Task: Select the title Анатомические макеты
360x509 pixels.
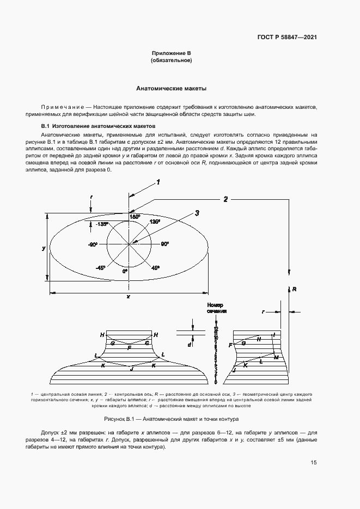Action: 171,88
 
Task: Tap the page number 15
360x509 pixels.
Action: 314,463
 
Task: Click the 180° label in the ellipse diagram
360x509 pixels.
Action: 135,217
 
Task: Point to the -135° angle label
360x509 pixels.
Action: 101,224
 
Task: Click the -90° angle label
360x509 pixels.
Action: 92,245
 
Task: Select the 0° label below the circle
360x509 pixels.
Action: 125,271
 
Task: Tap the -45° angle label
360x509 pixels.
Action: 100,267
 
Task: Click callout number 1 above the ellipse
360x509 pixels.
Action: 158,182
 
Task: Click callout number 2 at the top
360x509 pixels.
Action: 225,199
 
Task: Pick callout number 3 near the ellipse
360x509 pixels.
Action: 197,212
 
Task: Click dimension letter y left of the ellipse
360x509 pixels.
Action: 44,248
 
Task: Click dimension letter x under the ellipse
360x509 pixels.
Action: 128,297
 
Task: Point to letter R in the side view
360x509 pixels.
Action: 294,290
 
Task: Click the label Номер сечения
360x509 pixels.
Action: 216,308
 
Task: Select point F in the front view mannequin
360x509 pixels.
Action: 129,347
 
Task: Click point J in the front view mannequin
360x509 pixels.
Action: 131,369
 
